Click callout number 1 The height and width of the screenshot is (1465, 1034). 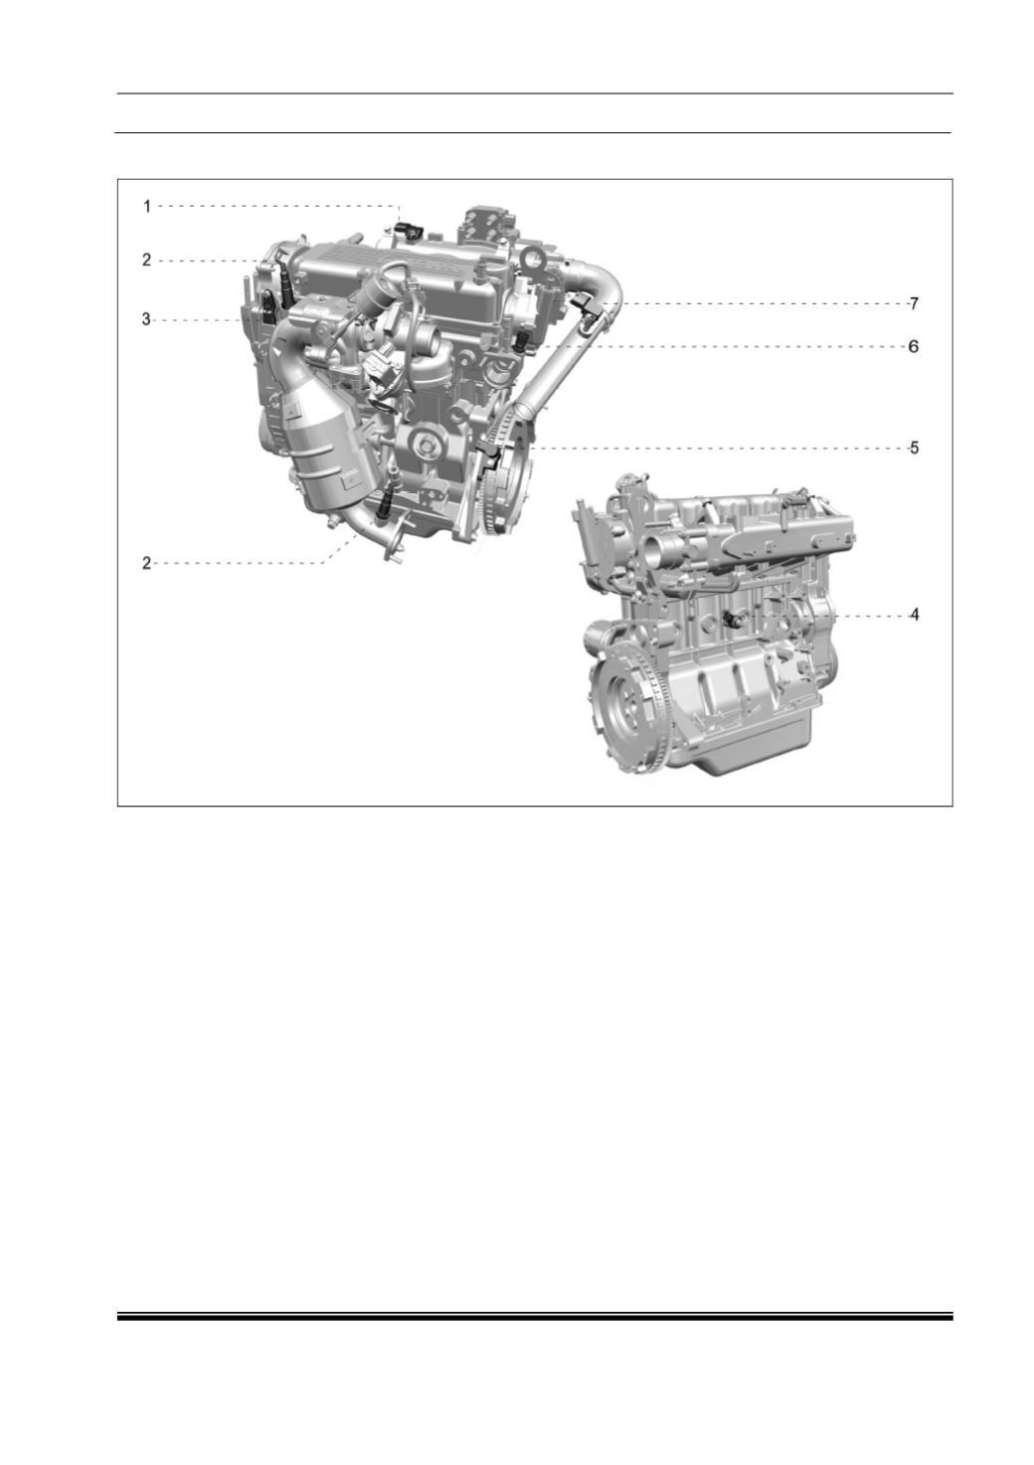click(x=147, y=207)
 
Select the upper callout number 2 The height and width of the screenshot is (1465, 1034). click(x=147, y=261)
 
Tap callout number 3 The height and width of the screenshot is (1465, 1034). click(x=147, y=320)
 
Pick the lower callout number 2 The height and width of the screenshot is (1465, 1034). click(x=147, y=563)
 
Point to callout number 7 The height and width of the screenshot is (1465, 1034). click(x=914, y=303)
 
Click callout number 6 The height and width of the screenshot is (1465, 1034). click(x=914, y=346)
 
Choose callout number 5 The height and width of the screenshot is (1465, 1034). click(x=914, y=448)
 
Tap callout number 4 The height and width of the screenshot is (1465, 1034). click(x=914, y=615)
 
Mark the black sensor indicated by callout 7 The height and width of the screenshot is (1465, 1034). click(x=585, y=306)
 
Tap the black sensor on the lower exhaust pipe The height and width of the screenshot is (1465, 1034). click(x=386, y=506)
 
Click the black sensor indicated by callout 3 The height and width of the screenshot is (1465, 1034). click(x=268, y=305)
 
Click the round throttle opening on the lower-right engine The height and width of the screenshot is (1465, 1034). click(x=661, y=543)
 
